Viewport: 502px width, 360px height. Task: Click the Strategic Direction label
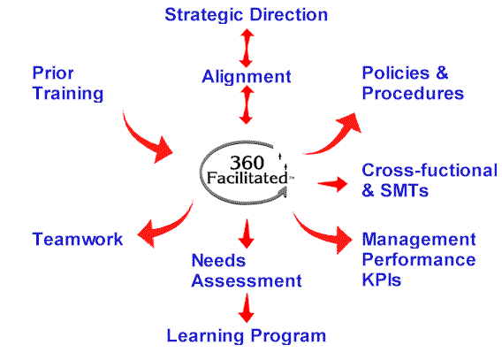pyautogui.click(x=247, y=15)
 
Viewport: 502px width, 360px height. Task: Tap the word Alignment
pyautogui.click(x=247, y=77)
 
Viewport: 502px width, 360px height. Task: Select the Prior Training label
pyautogui.click(x=67, y=83)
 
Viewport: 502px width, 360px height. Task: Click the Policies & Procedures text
pyautogui.click(x=413, y=83)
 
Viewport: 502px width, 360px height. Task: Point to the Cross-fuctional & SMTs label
pyautogui.click(x=430, y=180)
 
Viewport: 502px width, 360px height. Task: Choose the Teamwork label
pyautogui.click(x=78, y=239)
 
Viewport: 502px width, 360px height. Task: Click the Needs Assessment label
pyautogui.click(x=247, y=271)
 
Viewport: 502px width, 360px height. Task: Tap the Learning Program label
pyautogui.click(x=247, y=336)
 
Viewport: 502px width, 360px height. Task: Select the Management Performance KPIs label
pyautogui.click(x=419, y=259)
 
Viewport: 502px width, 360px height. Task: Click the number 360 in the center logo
pyautogui.click(x=247, y=163)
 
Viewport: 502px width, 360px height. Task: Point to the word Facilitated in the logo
pyautogui.click(x=247, y=178)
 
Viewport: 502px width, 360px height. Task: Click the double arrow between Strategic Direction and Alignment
pyautogui.click(x=247, y=48)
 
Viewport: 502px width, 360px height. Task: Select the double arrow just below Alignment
pyautogui.click(x=247, y=104)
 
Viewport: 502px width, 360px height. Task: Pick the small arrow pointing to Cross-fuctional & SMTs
pyautogui.click(x=332, y=183)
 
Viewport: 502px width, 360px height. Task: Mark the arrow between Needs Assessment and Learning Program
pyautogui.click(x=247, y=308)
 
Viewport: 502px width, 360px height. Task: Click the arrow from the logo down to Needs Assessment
pyautogui.click(x=247, y=234)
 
